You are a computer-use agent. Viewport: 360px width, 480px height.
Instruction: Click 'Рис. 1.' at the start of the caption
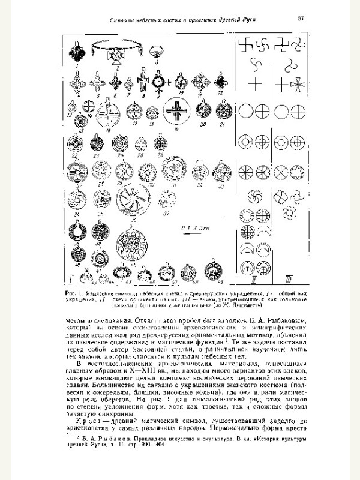click(x=75, y=292)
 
